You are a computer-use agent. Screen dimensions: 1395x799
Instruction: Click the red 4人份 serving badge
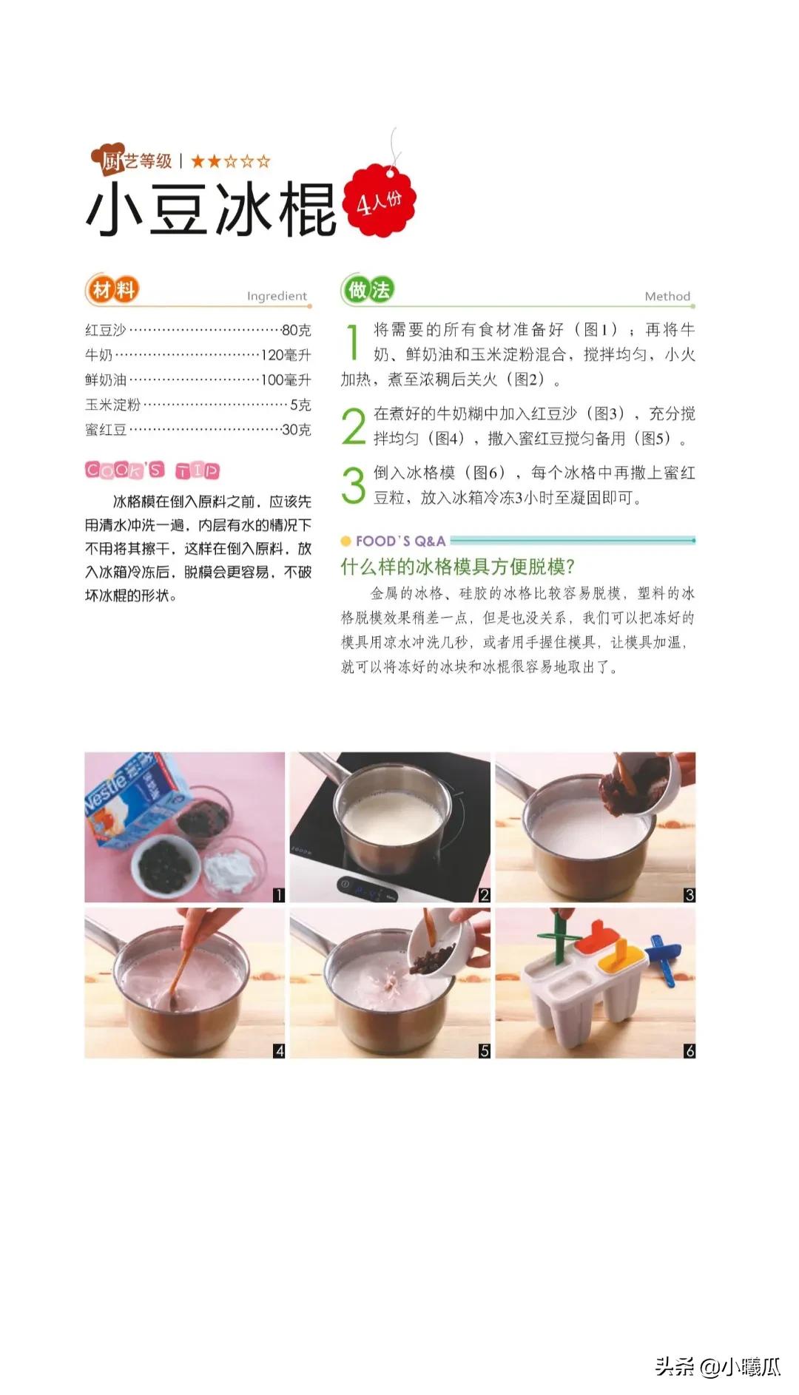pos(380,200)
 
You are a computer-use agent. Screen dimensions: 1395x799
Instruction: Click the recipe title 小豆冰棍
pos(212,210)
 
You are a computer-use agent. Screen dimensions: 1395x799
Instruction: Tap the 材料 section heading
pos(112,290)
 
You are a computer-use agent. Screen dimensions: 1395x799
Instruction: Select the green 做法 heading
pos(368,290)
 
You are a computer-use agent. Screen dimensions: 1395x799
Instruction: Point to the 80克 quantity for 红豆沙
pos(296,330)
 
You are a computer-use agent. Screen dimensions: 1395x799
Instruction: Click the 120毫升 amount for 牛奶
pos(286,355)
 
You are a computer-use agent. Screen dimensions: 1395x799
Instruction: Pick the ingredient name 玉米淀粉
pos(112,405)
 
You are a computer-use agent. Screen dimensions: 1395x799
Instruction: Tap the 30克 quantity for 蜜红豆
pos(296,430)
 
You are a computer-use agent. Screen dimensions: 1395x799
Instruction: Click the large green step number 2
pos(354,427)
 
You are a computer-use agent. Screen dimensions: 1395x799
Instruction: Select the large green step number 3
pos(354,485)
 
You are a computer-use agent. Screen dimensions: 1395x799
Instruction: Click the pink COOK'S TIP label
pos(152,470)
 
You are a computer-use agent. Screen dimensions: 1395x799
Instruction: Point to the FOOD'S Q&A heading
pos(399,541)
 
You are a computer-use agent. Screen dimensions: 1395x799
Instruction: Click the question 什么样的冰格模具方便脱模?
pos(457,567)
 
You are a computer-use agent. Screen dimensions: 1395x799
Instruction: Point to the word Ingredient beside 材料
pos(277,296)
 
